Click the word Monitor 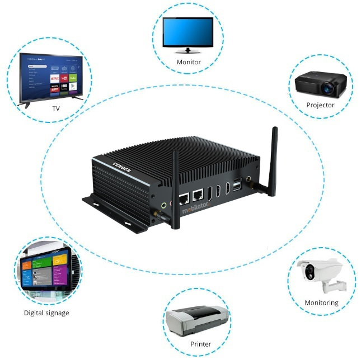(x=188, y=62)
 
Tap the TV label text (x=56, y=108)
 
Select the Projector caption (x=320, y=105)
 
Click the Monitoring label (x=321, y=302)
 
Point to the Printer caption (x=200, y=344)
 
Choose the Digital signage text (x=46, y=312)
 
